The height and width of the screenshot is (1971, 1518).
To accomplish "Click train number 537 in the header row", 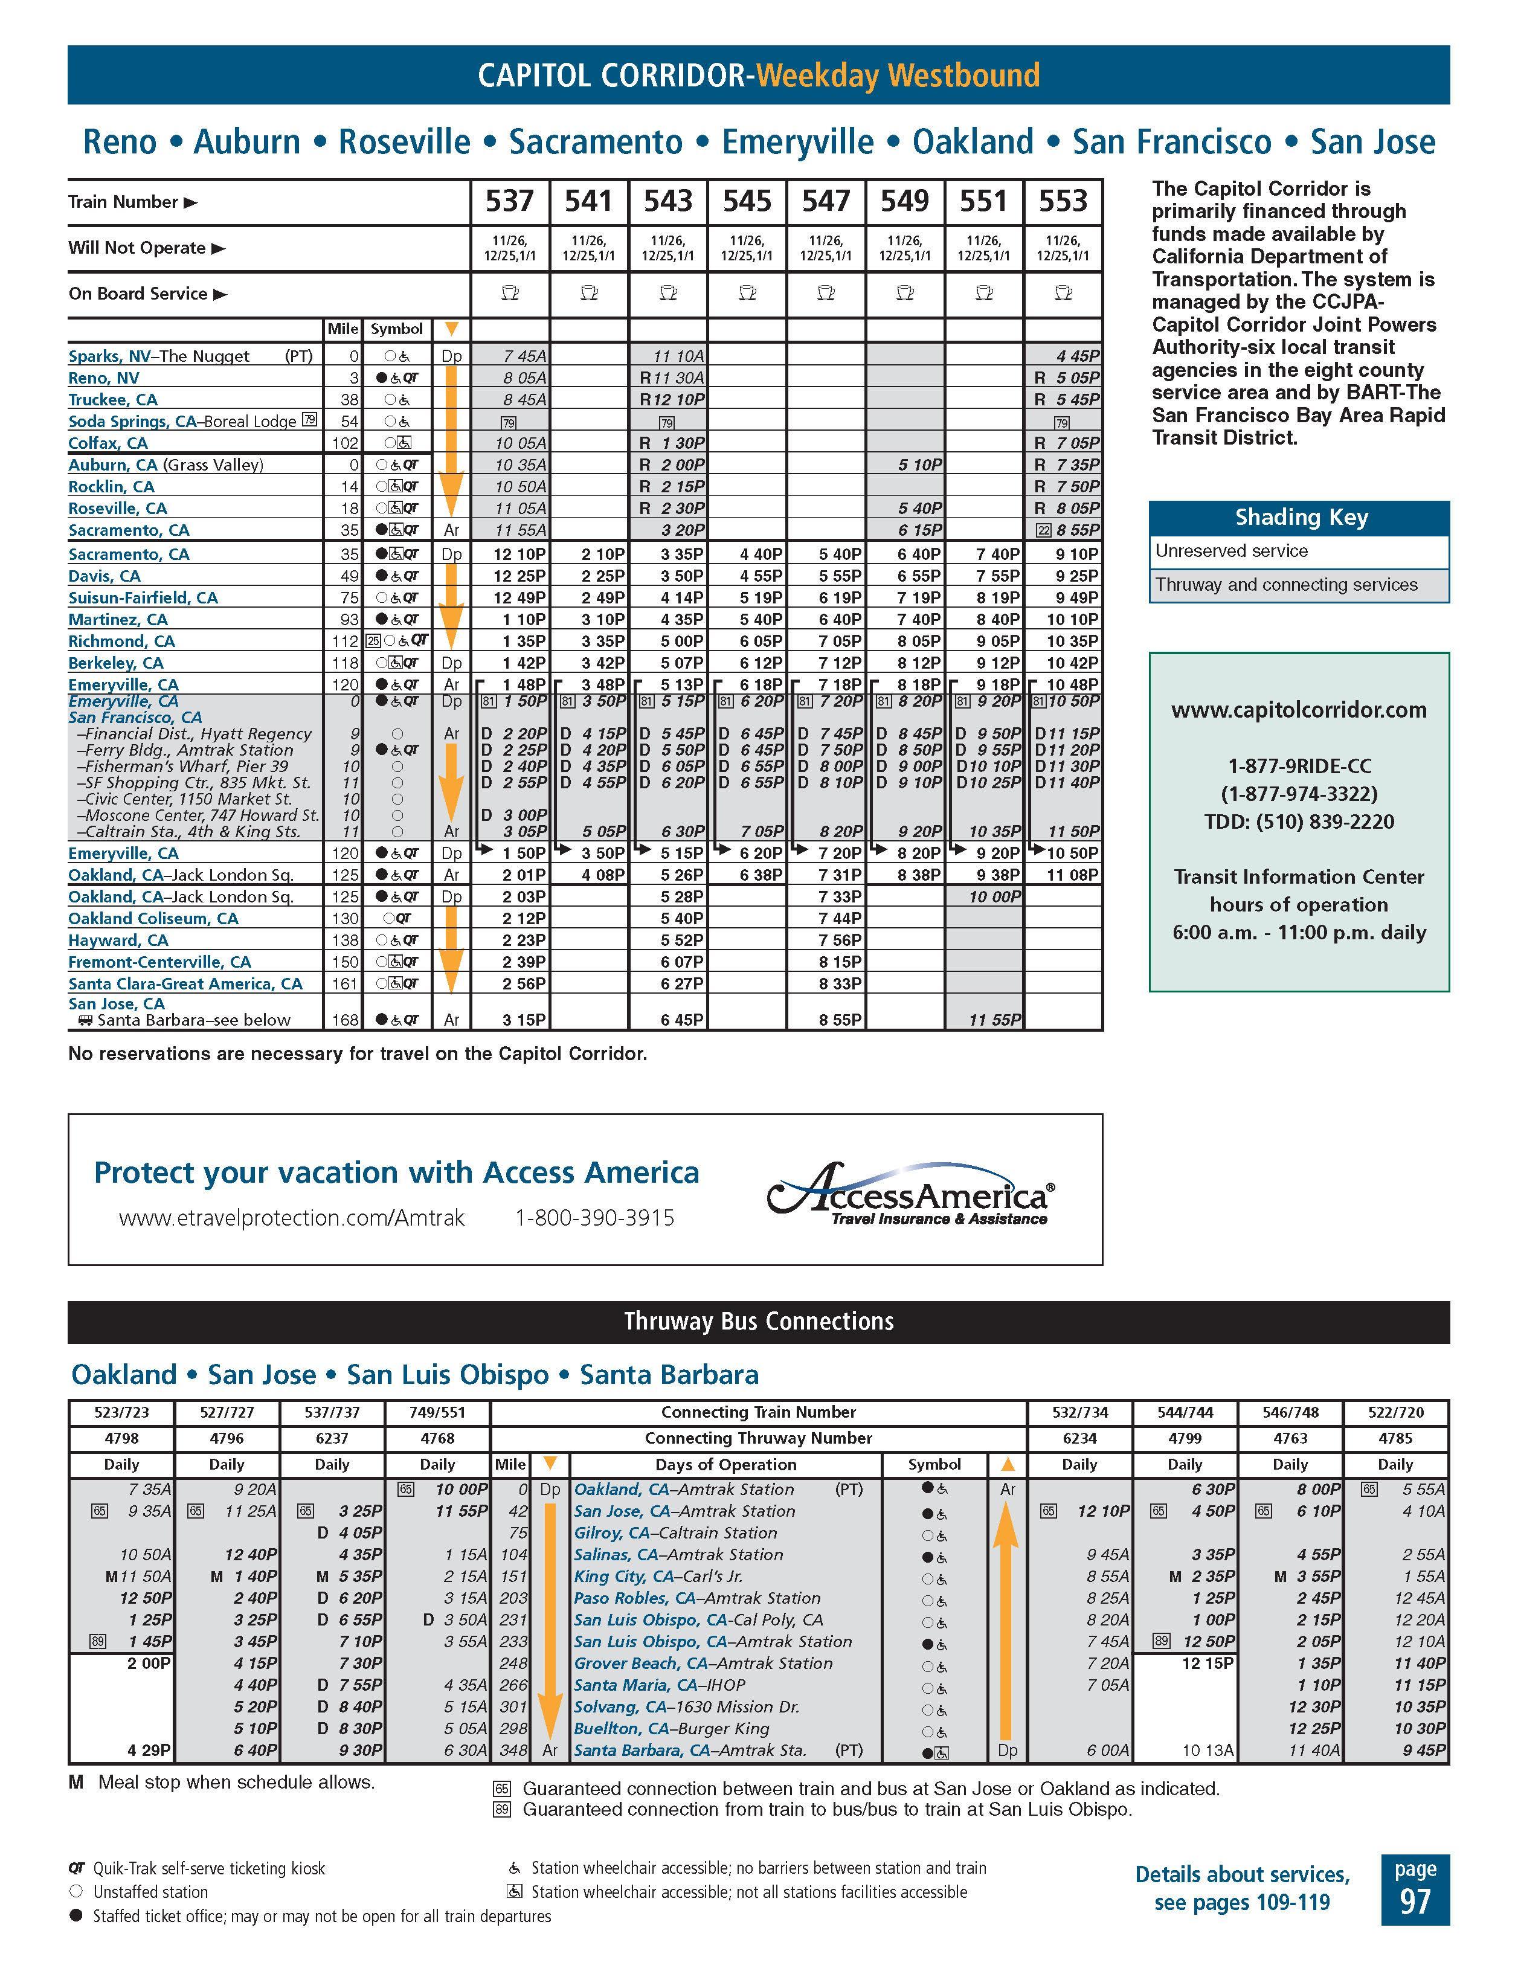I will point(510,201).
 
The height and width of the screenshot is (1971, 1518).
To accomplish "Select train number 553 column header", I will point(1063,201).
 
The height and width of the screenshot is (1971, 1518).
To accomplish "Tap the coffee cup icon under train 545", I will point(747,294).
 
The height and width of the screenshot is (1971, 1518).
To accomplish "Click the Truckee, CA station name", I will point(113,400).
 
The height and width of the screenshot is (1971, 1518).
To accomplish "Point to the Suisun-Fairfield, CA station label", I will point(143,597).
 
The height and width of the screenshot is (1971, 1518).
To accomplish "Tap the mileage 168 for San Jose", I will point(345,1020).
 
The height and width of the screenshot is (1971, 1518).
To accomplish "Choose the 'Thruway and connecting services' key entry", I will point(1286,585).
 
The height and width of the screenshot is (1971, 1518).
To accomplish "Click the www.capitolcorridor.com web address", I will point(1299,710).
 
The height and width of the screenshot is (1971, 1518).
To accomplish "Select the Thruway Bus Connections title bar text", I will point(758,1322).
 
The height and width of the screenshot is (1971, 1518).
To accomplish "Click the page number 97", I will point(1414,1902).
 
